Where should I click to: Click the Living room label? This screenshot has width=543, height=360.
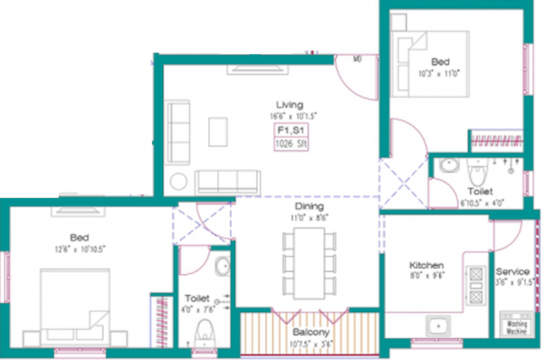point(290,104)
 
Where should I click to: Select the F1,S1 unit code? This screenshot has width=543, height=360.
point(290,132)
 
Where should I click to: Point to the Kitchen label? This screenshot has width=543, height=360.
point(425,266)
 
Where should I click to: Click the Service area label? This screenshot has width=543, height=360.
point(512,271)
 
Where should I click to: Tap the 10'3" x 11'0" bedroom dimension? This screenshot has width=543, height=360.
point(440,72)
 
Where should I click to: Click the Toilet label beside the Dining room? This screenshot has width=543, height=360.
point(196,296)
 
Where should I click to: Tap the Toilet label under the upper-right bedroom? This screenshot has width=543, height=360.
point(480,192)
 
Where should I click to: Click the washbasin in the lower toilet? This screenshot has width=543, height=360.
point(222,269)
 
